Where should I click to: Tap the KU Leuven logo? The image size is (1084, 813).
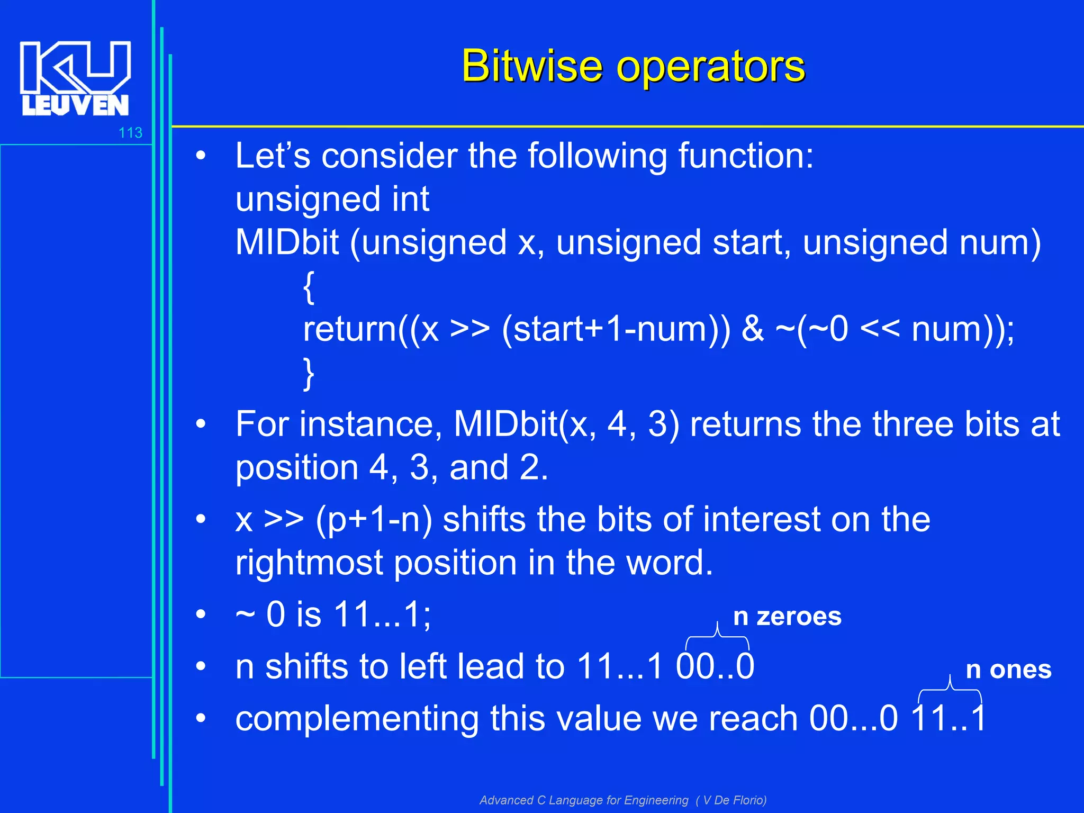point(75,78)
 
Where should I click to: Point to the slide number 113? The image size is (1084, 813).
point(130,132)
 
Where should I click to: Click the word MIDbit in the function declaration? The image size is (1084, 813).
point(287,242)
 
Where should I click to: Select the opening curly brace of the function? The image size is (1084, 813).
point(309,287)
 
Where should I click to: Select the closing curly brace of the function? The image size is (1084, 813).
point(309,373)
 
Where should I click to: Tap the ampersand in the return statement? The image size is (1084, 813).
point(752,329)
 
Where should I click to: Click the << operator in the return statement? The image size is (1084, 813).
point(880,329)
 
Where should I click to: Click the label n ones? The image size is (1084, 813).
point(1008,670)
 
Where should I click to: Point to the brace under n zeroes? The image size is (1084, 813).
point(717,637)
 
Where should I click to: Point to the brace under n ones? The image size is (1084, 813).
point(950,690)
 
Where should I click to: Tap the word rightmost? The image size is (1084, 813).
point(309,562)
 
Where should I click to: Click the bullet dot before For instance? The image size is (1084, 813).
point(200,424)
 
